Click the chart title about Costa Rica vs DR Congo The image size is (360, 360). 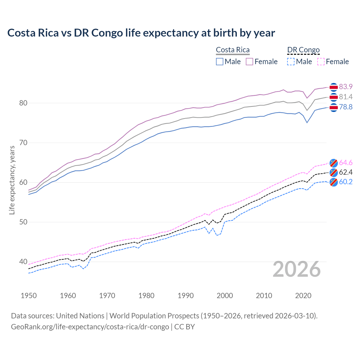(x=141, y=33)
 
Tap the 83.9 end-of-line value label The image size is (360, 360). (x=346, y=87)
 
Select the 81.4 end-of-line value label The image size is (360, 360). (x=346, y=97)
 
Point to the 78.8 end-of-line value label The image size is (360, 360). (x=346, y=107)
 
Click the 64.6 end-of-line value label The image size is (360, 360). (x=346, y=163)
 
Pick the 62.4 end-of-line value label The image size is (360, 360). (x=346, y=172)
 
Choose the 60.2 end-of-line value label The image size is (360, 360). (x=346, y=182)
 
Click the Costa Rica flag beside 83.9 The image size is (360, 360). (x=334, y=87)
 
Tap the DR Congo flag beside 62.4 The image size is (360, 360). (x=334, y=172)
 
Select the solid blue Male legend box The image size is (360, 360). (x=220, y=62)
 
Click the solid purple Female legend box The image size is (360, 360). (x=249, y=62)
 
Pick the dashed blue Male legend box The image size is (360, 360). (x=291, y=62)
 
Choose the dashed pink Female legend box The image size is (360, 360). (x=321, y=62)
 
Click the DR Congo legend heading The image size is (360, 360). (x=303, y=50)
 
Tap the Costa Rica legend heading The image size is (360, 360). (x=233, y=50)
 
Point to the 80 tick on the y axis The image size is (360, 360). (x=23, y=103)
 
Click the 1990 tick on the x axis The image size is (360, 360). (x=186, y=296)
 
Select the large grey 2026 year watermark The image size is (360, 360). (x=297, y=269)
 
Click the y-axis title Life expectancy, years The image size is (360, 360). (x=12, y=180)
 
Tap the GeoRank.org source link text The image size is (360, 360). (x=90, y=327)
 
